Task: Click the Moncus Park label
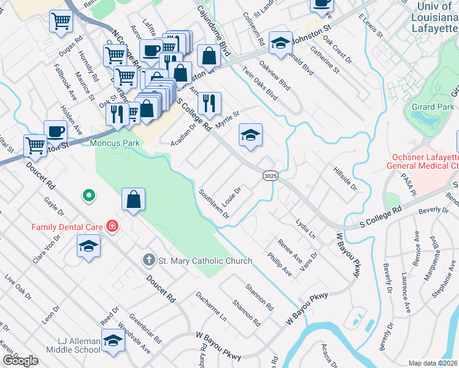[x=114, y=143]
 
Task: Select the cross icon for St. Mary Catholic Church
[x=148, y=260]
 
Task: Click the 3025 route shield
[x=271, y=176]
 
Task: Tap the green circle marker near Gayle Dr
[x=89, y=196]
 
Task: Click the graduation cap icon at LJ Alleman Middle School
[x=113, y=340]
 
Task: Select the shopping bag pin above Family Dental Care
[x=133, y=199]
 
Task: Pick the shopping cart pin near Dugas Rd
[x=61, y=21]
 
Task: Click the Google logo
[x=20, y=361]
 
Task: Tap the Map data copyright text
[x=433, y=363]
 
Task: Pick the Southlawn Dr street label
[x=214, y=204]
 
